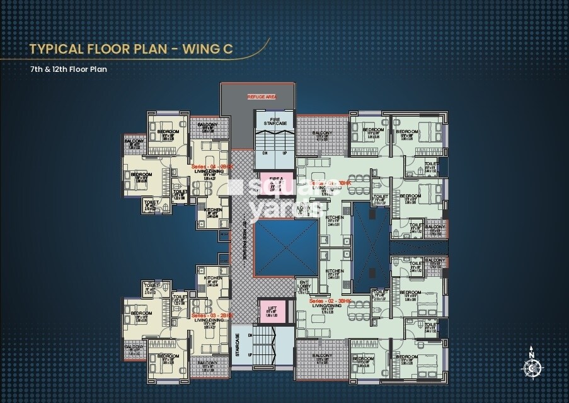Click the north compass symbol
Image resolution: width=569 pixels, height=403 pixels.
[532, 364]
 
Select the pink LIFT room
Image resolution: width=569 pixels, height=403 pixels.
[272, 310]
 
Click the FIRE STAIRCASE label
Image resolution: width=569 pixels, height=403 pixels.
[275, 121]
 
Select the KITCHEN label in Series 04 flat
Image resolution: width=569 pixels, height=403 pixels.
[212, 210]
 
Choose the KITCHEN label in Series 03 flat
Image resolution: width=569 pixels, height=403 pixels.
[212, 278]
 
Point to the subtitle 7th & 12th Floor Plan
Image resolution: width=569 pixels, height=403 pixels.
[68, 69]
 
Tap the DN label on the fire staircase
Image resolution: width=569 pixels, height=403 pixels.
[265, 153]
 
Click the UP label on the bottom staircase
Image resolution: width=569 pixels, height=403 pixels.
[250, 354]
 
